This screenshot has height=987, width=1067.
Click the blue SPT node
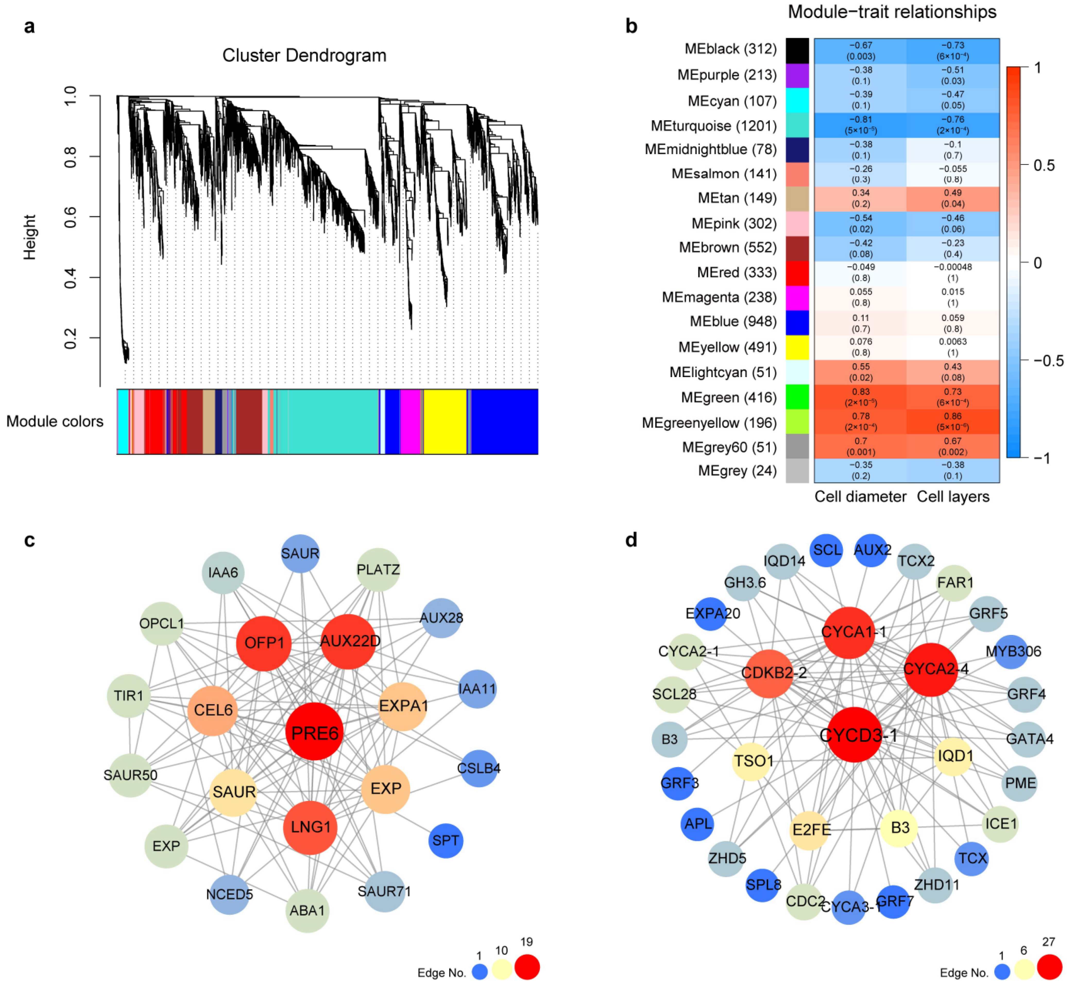pos(445,841)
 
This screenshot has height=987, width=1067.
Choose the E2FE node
pos(811,829)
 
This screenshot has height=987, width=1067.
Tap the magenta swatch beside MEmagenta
pos(797,297)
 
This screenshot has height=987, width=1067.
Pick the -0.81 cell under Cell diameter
pos(860,125)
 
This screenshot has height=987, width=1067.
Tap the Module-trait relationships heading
pos(892,12)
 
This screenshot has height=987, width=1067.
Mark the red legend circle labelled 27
pos(1049,967)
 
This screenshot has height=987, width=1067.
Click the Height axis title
pos(29,237)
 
